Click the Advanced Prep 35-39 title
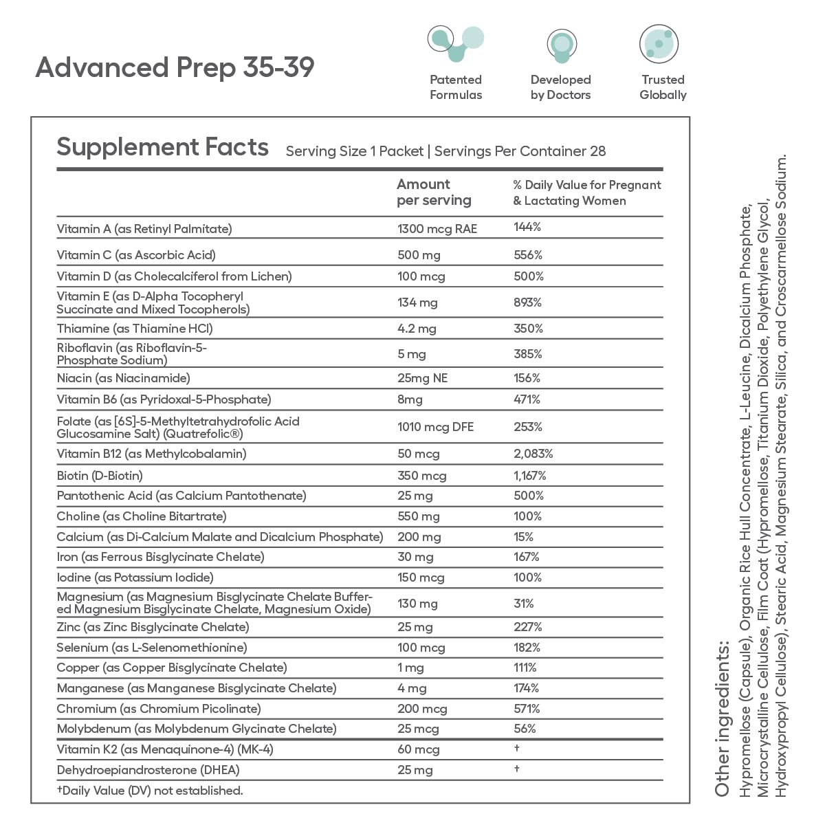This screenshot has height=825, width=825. click(x=175, y=67)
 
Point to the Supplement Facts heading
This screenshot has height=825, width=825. click(x=162, y=147)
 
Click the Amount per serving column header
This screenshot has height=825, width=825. click(x=434, y=192)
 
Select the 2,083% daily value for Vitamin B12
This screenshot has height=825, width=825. click(x=533, y=454)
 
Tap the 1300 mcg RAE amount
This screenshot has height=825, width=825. click(x=437, y=229)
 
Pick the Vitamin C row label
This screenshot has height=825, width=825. click(x=136, y=255)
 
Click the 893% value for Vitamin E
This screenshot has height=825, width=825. click(x=527, y=302)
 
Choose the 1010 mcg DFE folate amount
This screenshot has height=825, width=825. click(x=435, y=427)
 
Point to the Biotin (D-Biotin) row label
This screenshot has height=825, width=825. click(x=100, y=476)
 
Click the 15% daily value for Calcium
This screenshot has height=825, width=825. click(x=523, y=537)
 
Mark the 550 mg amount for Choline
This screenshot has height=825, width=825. click(x=418, y=516)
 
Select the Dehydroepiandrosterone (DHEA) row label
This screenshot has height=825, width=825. click(x=148, y=770)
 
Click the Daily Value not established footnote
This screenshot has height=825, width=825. click(x=150, y=791)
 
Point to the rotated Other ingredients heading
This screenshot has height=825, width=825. click(x=721, y=718)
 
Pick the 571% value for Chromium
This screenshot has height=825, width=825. click(x=527, y=709)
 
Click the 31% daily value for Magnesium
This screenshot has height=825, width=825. click(x=523, y=604)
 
